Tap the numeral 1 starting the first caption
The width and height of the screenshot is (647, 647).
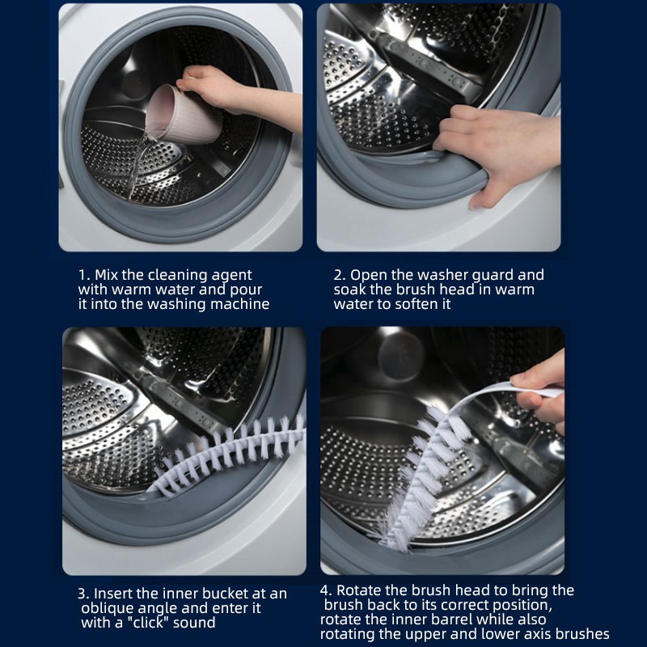(x=82, y=275)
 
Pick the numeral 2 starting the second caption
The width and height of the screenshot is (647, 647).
(x=338, y=275)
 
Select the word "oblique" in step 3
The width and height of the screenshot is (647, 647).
(x=108, y=609)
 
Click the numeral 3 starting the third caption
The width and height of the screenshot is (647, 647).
(x=82, y=594)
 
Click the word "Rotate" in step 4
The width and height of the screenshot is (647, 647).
(x=359, y=590)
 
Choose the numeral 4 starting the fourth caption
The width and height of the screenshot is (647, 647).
(x=324, y=591)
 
